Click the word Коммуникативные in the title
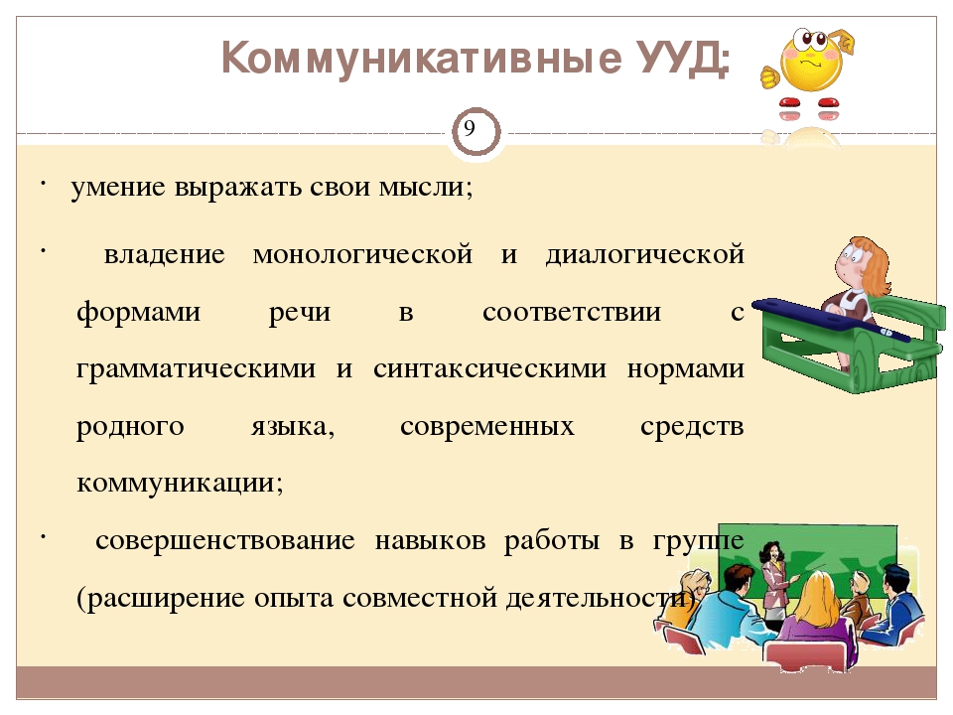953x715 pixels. coord(422,58)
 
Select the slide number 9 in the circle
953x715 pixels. coord(470,129)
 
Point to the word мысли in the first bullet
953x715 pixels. coord(425,187)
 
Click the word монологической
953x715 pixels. coord(362,255)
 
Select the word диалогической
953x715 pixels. coord(644,255)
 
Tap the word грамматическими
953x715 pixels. coord(196,369)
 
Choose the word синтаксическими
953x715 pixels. coord(489,369)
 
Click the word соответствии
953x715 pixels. coord(572,313)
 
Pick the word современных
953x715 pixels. coord(486,427)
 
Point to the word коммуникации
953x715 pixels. coord(180,484)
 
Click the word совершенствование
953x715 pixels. coord(225,540)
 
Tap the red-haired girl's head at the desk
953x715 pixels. coord(863,263)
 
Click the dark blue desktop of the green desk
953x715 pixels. coord(832,318)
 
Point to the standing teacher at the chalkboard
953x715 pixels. coord(775,585)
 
